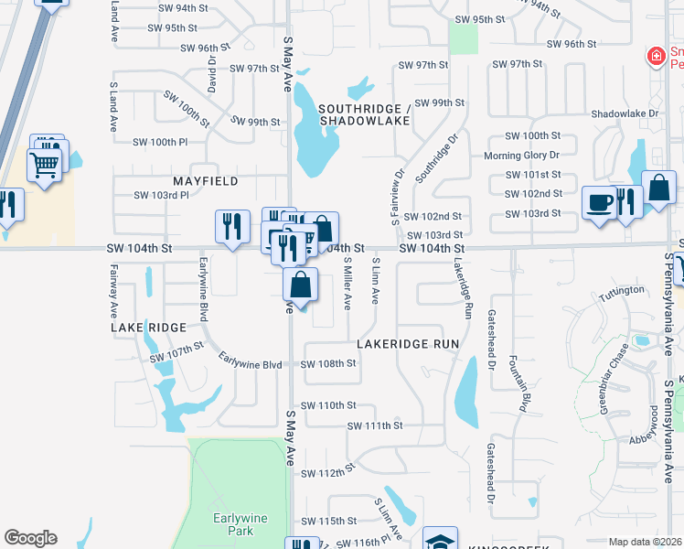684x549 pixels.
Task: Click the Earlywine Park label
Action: coord(240,524)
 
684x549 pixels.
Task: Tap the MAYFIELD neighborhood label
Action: coord(206,181)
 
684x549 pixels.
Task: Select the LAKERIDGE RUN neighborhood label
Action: coord(407,344)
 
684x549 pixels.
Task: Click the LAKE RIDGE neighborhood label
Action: coord(148,327)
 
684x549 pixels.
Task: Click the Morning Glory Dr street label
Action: coord(521,156)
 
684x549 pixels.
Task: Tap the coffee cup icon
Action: coord(599,201)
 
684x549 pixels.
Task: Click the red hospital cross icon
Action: coord(655,58)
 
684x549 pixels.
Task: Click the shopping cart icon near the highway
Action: coord(44,166)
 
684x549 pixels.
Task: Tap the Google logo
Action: coord(30,538)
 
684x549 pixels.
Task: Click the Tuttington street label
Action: coord(622,290)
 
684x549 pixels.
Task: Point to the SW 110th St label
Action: coord(326,404)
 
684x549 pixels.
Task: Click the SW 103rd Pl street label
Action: coord(161,195)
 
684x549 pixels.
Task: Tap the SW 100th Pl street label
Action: coord(160,142)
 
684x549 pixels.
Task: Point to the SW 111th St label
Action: coord(375,425)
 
